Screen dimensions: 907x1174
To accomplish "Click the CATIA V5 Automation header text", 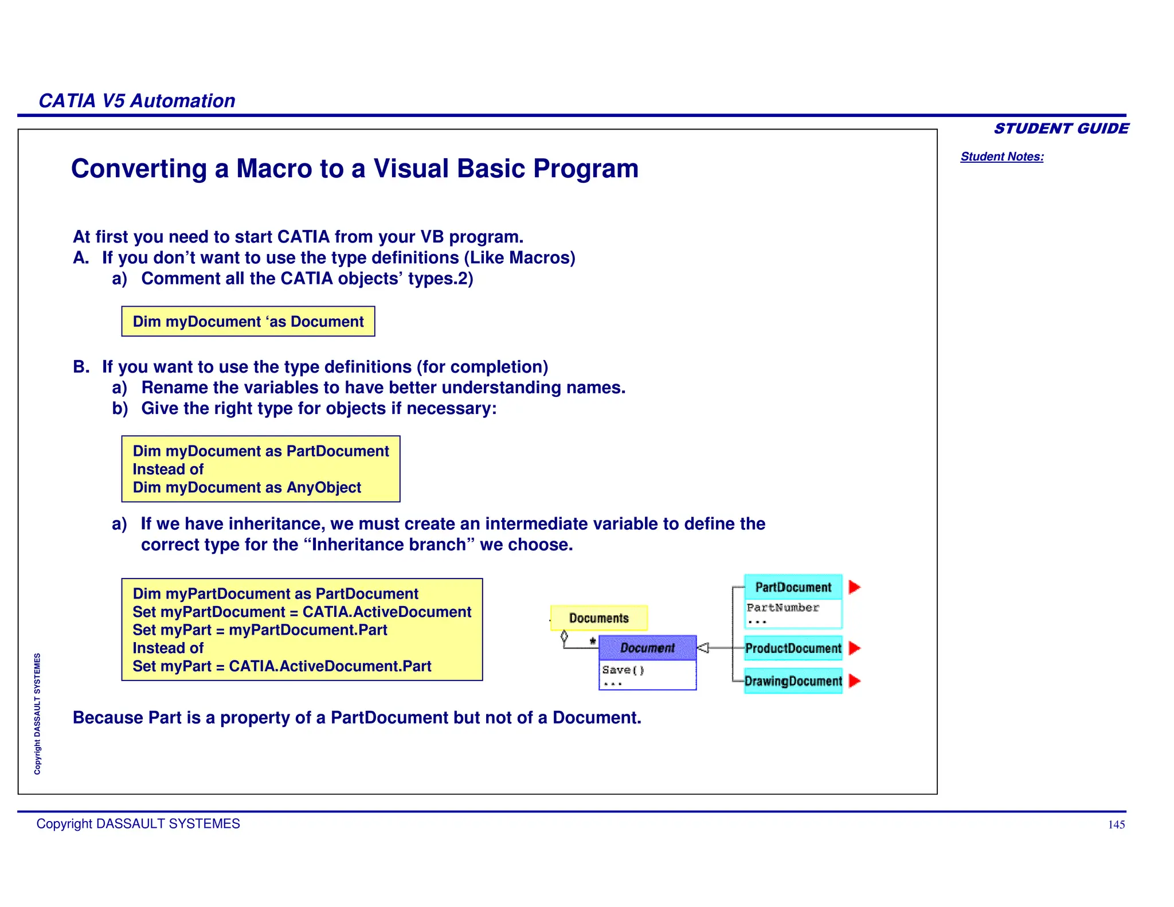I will point(136,101).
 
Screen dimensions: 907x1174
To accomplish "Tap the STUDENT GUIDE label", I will point(1060,128).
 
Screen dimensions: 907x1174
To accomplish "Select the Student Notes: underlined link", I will point(1001,157).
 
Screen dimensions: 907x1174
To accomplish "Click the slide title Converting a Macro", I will point(354,169).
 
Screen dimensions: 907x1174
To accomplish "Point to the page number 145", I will point(1116,824).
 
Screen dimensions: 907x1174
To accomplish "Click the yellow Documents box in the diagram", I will point(598,618).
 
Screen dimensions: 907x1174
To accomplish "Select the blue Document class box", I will point(647,648).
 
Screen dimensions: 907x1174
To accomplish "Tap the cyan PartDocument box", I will point(793,587).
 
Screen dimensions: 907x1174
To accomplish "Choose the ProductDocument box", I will point(793,648).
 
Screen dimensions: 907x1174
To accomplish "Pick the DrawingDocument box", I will point(793,681).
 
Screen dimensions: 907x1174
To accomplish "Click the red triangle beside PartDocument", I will point(854,587).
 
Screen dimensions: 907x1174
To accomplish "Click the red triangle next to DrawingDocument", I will point(854,681).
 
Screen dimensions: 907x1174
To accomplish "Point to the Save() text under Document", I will point(623,670).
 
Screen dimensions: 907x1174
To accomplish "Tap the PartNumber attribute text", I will point(782,608).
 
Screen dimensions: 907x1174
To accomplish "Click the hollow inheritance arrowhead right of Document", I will point(703,648).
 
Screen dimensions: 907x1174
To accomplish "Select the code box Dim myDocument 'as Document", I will point(248,322).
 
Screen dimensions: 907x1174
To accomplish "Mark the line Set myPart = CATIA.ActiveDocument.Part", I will point(281,666).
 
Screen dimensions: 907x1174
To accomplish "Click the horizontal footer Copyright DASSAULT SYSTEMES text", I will point(138,824).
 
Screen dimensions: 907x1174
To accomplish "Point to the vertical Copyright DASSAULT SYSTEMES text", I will point(37,714).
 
